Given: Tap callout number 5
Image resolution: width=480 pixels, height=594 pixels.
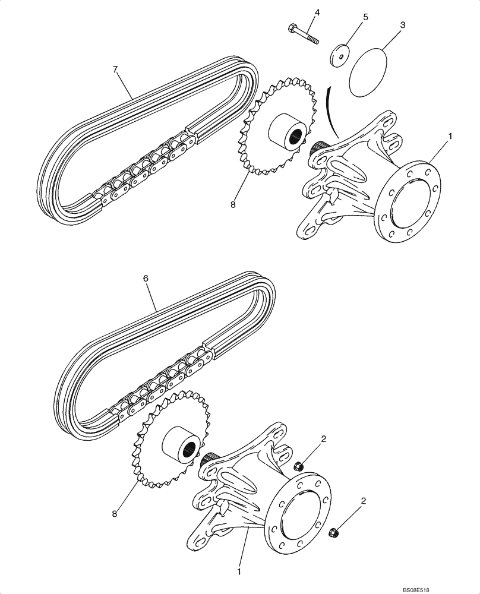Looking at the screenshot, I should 365,17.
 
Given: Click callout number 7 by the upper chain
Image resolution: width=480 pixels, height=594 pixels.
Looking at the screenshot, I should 116,70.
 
